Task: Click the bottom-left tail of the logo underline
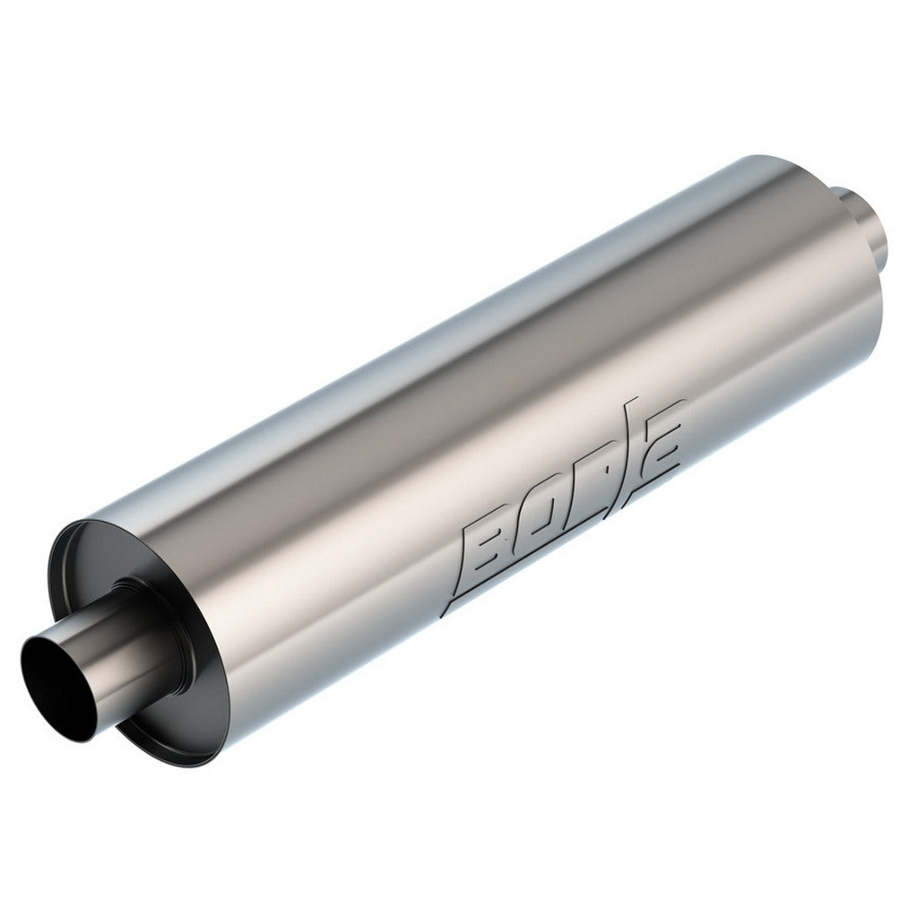click(448, 611)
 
